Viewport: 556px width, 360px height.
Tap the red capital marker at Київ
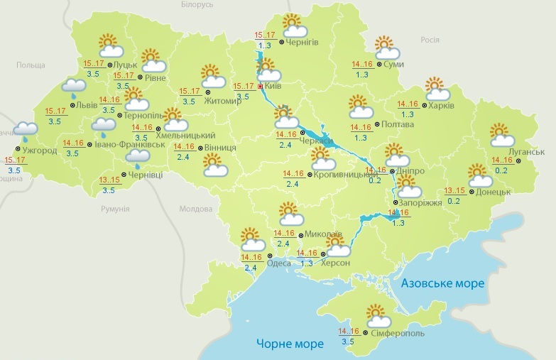pos(261,87)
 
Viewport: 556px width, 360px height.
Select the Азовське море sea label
pos(442,283)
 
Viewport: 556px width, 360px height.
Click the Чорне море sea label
pos(290,344)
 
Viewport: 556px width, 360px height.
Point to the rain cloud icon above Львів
pos(74,88)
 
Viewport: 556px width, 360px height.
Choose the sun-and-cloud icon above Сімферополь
pos(376,314)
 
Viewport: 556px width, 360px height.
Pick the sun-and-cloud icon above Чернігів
pos(294,26)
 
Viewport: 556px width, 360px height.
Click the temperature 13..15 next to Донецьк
pos(454,190)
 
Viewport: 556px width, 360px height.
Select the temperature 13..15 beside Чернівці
pos(110,180)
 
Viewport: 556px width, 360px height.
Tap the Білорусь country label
pos(197,5)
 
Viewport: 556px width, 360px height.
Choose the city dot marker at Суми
pos(378,65)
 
